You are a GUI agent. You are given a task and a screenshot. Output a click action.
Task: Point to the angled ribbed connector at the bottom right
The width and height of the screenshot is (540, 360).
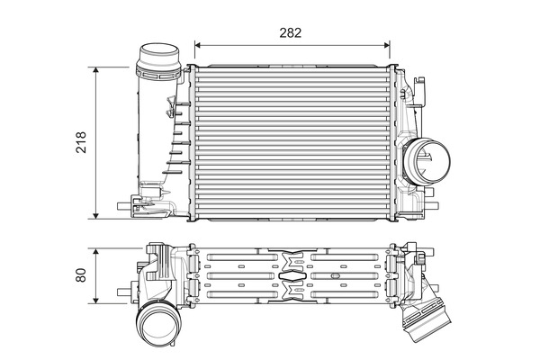click(424, 319)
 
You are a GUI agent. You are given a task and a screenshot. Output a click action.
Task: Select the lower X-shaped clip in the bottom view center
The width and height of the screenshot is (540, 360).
click(290, 290)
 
